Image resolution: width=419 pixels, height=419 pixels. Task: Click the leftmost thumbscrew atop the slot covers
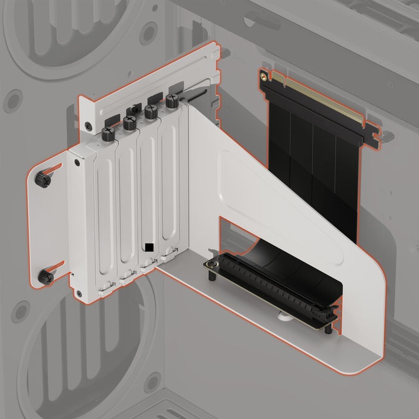click(x=108, y=133)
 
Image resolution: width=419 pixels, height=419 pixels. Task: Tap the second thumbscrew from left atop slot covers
click(x=130, y=122)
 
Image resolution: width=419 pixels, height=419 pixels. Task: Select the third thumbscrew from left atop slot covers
click(x=151, y=112)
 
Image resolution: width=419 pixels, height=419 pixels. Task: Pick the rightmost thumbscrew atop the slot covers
click(x=172, y=100)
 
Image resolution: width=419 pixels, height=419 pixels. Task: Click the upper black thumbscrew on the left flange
click(x=42, y=180)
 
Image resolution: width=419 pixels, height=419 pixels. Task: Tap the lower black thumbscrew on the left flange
click(x=46, y=277)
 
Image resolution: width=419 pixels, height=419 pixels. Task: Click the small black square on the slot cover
click(x=148, y=248)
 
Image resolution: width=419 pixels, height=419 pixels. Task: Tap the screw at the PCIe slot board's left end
click(x=212, y=266)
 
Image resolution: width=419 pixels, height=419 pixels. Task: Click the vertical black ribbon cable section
click(x=312, y=168)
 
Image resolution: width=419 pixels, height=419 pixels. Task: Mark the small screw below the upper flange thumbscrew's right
click(x=77, y=163)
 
